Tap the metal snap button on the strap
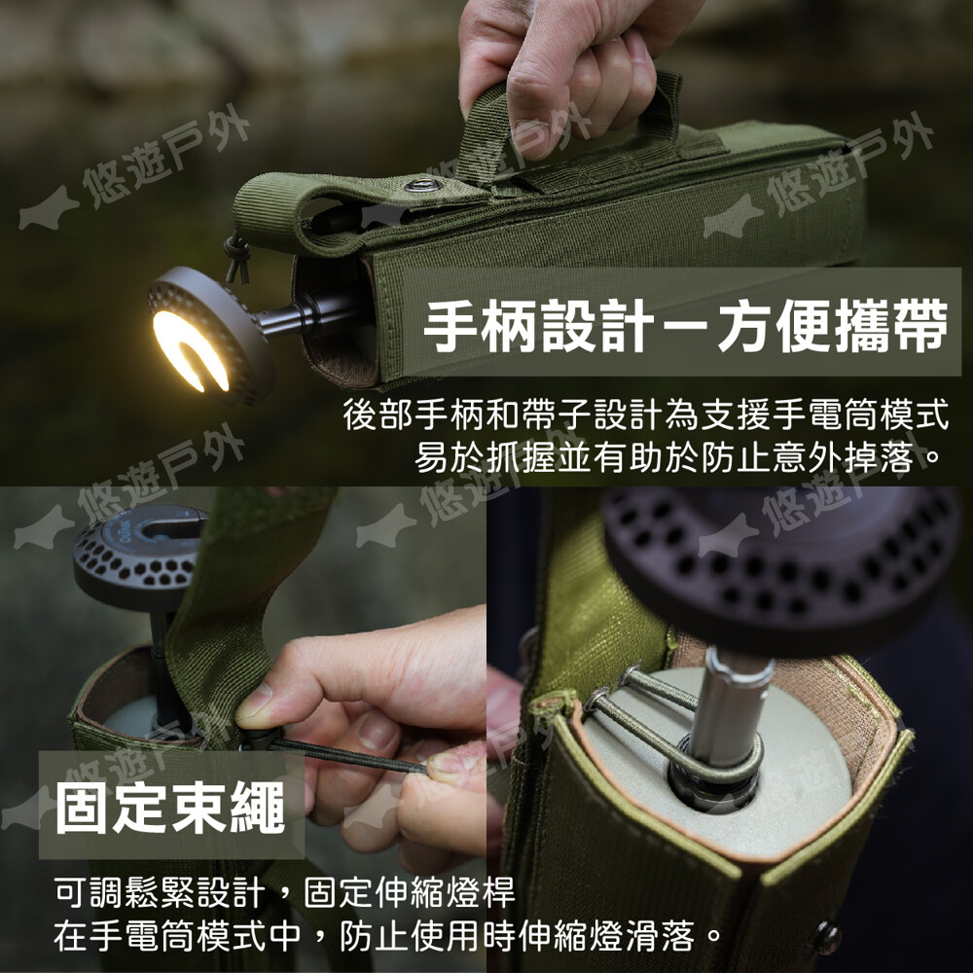(x=423, y=185)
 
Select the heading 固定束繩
(x=170, y=808)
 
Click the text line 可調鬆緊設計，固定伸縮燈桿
(x=284, y=892)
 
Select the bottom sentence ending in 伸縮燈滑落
(x=388, y=936)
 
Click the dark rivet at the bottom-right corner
(x=826, y=938)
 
